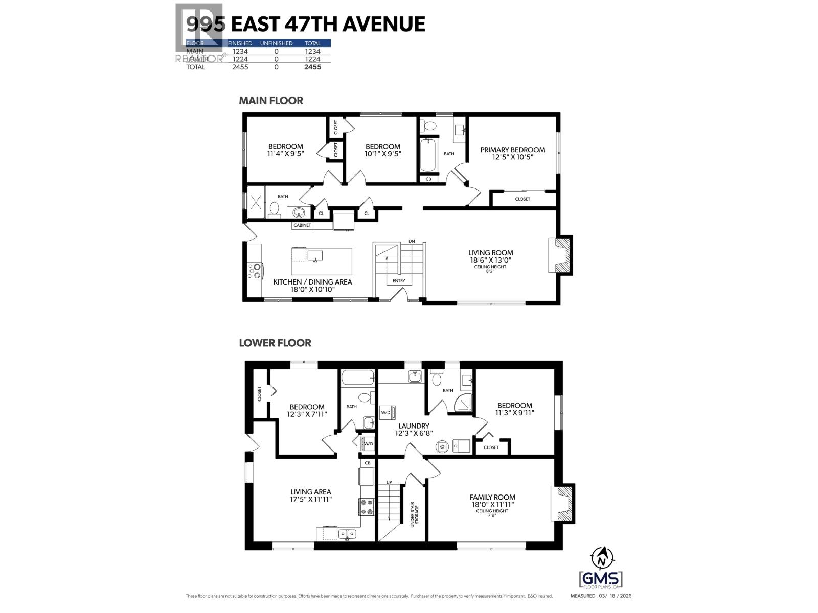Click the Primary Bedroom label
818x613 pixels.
click(513, 150)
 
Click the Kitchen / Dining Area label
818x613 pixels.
click(312, 282)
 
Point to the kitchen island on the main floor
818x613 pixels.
click(322, 261)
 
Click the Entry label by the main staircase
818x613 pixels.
click(399, 281)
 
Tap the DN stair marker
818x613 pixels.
click(412, 241)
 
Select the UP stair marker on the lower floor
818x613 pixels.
click(389, 482)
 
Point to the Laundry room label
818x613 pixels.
click(414, 426)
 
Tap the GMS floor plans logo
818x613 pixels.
click(601, 580)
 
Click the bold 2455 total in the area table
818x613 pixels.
click(312, 67)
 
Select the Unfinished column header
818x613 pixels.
click(276, 43)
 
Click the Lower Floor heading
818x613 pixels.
click(275, 343)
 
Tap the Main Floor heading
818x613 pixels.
click(271, 101)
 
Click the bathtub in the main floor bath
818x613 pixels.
click(427, 156)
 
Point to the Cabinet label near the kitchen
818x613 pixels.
click(302, 225)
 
